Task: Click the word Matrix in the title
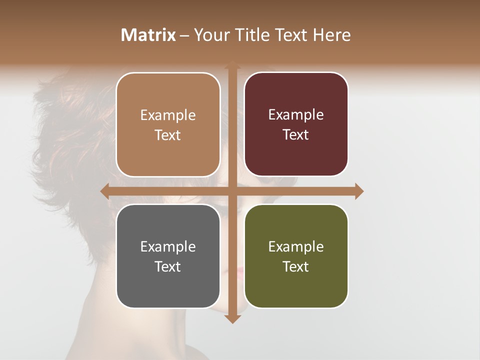[x=148, y=35]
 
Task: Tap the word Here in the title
[x=332, y=35]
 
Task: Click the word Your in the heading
[x=210, y=35]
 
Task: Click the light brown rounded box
[x=168, y=124]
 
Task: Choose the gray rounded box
[x=168, y=256]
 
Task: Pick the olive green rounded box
[x=296, y=256]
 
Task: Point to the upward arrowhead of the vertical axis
[x=232, y=66]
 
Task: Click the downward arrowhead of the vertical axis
[x=232, y=318]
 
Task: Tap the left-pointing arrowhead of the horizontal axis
[x=105, y=191]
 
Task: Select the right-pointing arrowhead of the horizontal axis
[x=359, y=191]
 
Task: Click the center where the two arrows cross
[x=232, y=191]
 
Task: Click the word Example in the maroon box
[x=296, y=114]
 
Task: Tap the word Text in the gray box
[x=168, y=266]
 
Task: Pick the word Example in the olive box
[x=296, y=246]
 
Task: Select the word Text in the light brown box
[x=168, y=135]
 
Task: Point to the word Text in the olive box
[x=296, y=266]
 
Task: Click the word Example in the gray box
[x=168, y=246]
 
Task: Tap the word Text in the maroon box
[x=296, y=135]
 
